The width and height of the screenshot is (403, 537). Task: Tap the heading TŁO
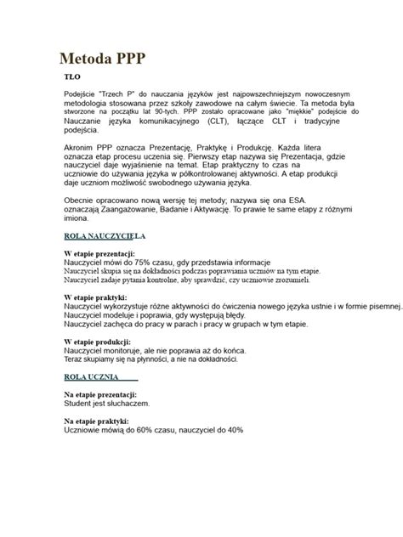[75, 77]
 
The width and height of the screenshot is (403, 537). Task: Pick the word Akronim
[81, 150]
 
